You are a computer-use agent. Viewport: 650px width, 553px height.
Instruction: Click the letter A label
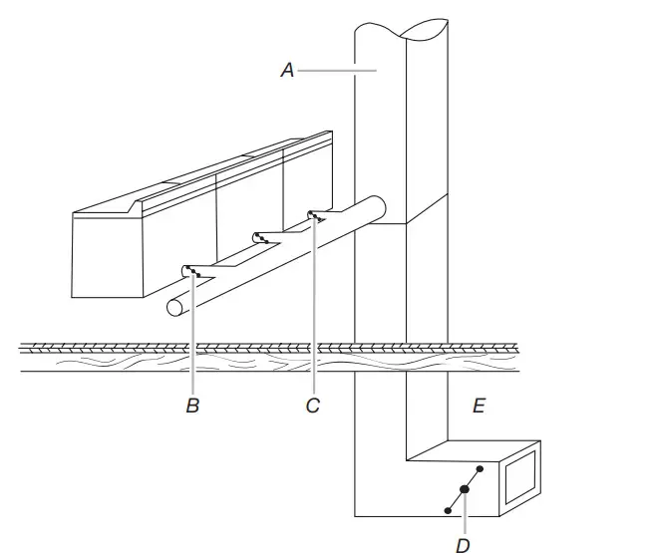(x=286, y=71)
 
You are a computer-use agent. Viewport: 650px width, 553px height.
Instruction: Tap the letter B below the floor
(x=192, y=406)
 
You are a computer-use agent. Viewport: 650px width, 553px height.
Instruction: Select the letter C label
(x=312, y=406)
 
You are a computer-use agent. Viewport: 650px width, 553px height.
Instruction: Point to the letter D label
(x=463, y=543)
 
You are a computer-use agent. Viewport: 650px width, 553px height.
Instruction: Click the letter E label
(x=479, y=406)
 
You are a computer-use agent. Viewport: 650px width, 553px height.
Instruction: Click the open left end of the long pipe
(x=174, y=308)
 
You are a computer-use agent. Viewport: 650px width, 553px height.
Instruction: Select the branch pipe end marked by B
(x=190, y=271)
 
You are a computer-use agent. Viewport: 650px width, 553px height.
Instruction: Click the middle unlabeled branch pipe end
(x=259, y=237)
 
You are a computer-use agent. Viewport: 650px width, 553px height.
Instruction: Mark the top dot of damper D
(x=481, y=467)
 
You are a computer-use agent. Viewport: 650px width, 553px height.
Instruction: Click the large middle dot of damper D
(x=464, y=489)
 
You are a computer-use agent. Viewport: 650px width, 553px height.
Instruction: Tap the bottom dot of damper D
(x=448, y=510)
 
